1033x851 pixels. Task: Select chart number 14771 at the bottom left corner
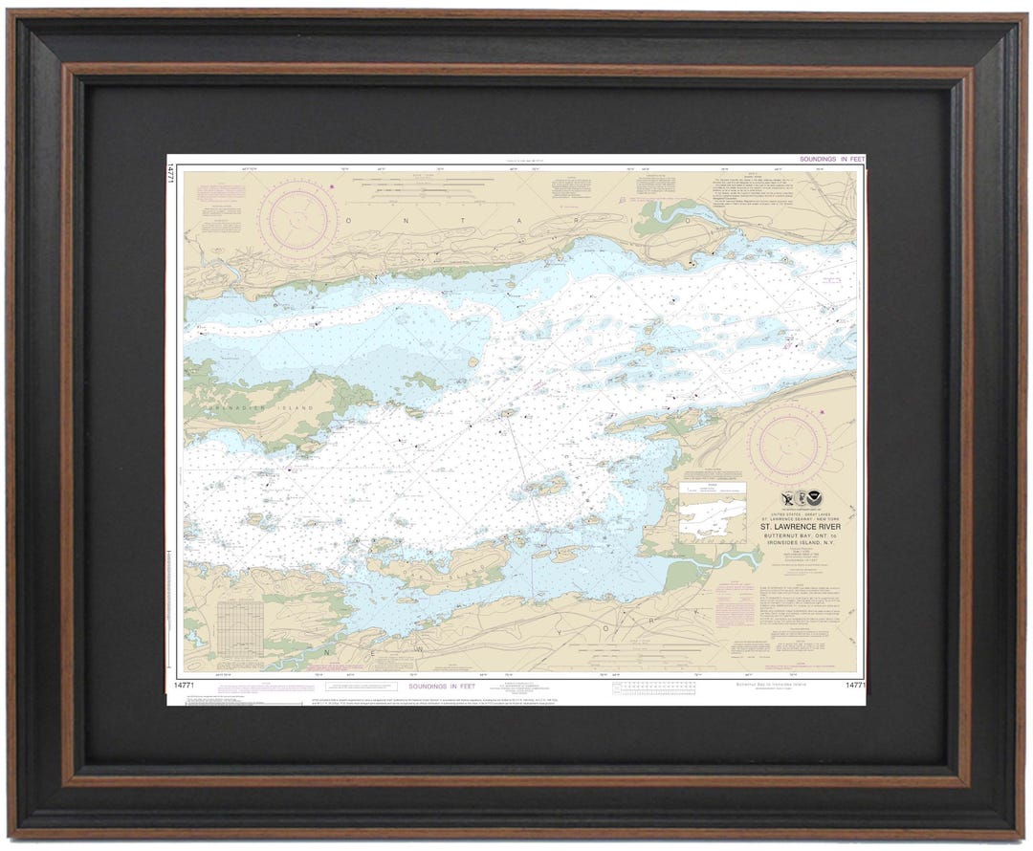[x=187, y=685]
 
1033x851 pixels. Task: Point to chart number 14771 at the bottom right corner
[x=854, y=686]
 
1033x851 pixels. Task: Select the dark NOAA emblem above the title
[x=813, y=499]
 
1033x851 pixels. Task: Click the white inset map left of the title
[x=712, y=512]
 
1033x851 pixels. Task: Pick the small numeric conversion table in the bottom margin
[x=659, y=687]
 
